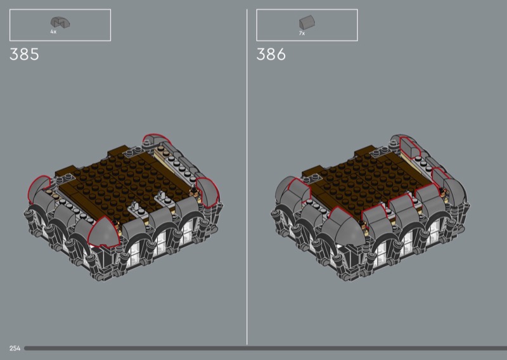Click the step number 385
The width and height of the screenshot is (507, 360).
[x=24, y=54]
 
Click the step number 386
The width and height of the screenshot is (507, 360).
[x=271, y=54]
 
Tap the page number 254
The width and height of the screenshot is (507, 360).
[x=15, y=349]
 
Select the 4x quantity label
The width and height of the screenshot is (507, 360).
[x=53, y=32]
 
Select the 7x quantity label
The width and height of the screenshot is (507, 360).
[x=302, y=33]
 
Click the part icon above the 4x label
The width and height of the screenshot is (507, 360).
[x=60, y=22]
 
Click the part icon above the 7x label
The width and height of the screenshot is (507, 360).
[x=307, y=22]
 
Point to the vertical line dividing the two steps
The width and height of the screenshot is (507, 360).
[x=247, y=177]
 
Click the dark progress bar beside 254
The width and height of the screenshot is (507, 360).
[x=266, y=349]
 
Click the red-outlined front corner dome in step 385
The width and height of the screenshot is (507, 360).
[x=103, y=232]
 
